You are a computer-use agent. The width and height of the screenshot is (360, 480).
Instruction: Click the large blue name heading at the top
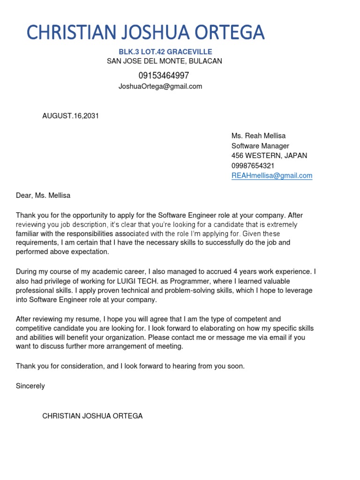pos(145,32)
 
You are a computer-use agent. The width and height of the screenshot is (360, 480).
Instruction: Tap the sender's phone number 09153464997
pos(164,75)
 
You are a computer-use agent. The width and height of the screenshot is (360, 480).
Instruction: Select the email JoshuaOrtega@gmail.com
pos(160,86)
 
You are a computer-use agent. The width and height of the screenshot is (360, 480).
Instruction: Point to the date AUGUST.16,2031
pos(71,116)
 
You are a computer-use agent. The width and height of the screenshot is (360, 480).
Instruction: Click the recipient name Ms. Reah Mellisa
pos(258,136)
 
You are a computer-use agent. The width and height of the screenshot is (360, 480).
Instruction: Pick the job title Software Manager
pos(260,146)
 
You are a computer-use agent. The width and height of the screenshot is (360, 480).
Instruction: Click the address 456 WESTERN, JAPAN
pos(270,156)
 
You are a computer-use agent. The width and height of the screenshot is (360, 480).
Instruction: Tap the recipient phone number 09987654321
pos(253,165)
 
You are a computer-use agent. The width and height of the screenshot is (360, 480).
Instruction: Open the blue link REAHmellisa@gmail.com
pos(272,176)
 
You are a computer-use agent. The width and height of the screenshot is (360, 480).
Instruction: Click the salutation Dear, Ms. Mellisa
pos(43,195)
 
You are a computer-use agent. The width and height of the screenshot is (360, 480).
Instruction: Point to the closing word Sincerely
pos(30,386)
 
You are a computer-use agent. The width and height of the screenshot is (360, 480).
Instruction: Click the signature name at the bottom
pos(92,416)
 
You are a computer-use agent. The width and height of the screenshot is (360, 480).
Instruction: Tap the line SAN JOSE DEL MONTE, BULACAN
pos(165,61)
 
